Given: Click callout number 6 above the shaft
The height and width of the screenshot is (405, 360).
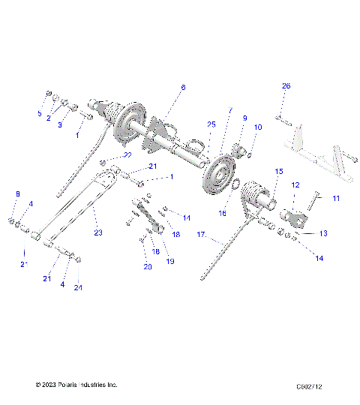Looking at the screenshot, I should [182, 88].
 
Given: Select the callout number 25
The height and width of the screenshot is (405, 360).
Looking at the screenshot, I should [211, 124].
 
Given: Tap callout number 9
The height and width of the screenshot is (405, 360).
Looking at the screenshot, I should [244, 118].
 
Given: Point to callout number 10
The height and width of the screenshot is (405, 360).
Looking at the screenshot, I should [257, 127].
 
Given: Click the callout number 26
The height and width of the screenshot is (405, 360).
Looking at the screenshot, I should [286, 86].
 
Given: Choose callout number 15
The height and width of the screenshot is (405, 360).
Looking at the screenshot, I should [278, 172].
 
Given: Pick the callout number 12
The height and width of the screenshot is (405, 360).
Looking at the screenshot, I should [295, 184].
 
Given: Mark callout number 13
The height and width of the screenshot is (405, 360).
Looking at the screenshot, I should [322, 233].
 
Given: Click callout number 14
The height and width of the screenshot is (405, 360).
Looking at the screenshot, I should [319, 258].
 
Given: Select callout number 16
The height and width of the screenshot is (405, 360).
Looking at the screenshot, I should [221, 213].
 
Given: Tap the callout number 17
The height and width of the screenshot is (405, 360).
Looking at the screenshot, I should [200, 235].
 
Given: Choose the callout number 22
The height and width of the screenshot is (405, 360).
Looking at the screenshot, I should [127, 155].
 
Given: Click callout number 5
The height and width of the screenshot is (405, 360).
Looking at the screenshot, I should [40, 113].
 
